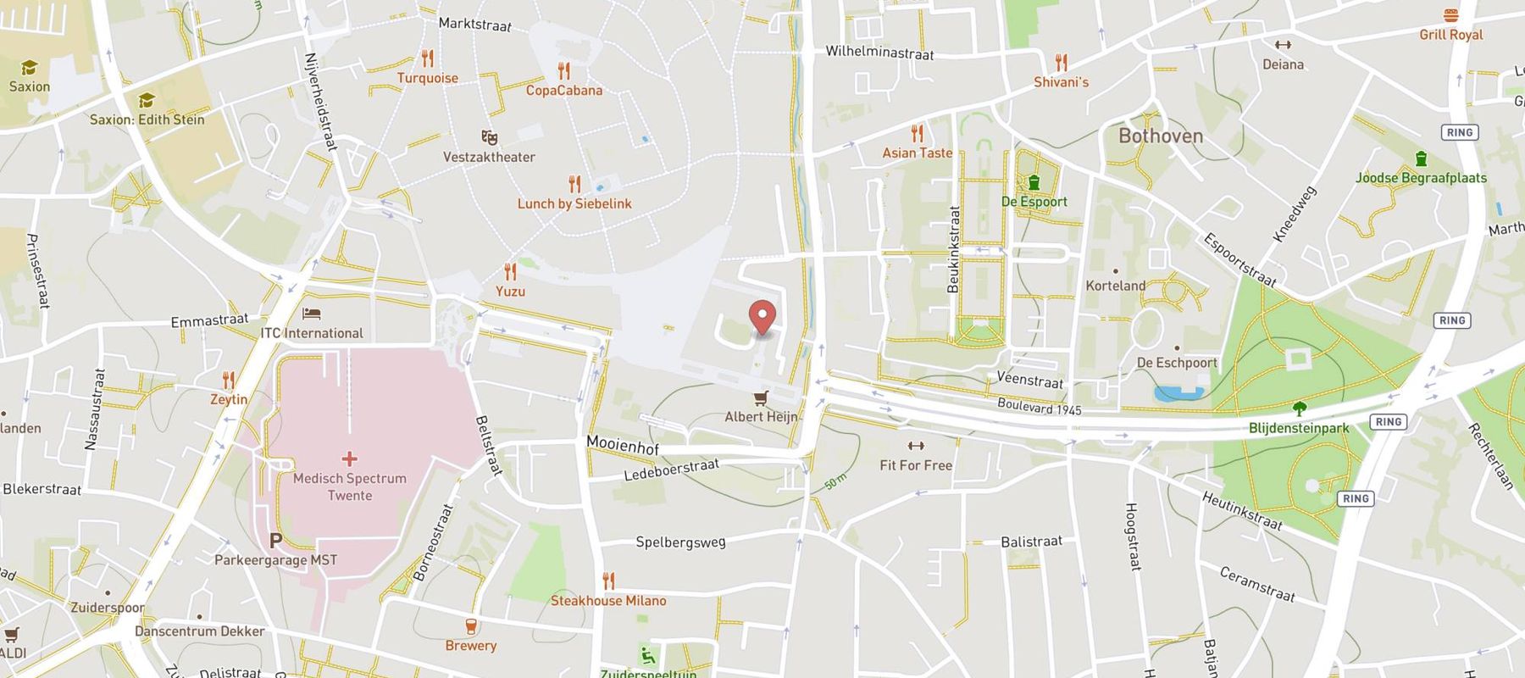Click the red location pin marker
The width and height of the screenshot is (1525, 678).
coord(763,317)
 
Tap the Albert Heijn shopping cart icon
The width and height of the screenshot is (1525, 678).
coord(761,397)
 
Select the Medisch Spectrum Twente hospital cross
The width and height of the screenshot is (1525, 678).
coord(349,458)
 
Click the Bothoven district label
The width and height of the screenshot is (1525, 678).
coord(1160,136)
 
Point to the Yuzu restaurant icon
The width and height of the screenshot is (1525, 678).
coord(510,272)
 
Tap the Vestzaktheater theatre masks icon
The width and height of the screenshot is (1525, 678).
coord(489,137)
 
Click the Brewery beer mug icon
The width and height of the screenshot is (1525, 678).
coord(470,627)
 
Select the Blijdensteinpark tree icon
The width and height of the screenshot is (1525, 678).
coord(1299,408)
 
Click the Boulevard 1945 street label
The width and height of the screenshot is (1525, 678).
coord(1039,406)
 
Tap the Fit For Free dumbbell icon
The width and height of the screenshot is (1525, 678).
coord(915,446)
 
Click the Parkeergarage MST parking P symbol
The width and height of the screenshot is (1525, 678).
coord(275,540)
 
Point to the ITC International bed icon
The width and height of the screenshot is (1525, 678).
coord(312,314)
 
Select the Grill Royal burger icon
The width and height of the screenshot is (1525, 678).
coord(1451,15)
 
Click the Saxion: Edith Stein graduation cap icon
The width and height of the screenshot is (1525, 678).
coord(147,101)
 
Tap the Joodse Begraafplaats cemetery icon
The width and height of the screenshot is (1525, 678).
coord(1421,158)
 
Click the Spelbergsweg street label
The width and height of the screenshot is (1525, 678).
coord(680,542)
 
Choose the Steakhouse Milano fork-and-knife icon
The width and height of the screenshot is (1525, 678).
coord(608,581)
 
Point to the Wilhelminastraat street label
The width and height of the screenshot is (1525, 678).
coord(879,53)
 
